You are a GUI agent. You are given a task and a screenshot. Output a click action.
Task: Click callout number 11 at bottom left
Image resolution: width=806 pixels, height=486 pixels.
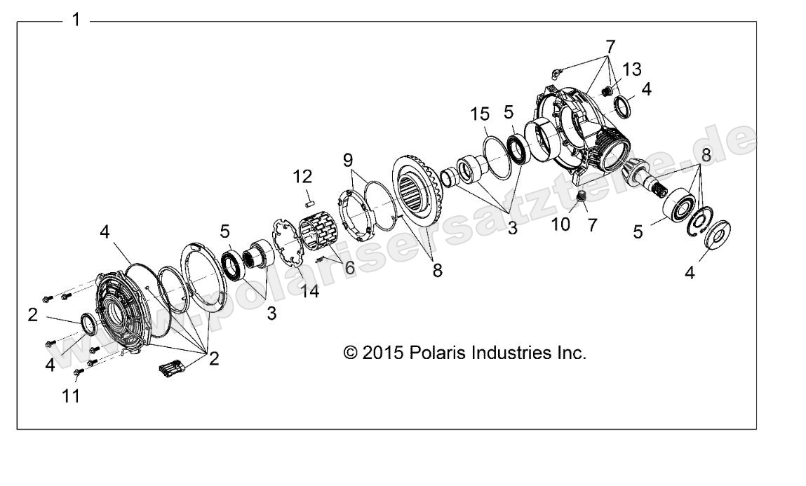[x=71, y=396]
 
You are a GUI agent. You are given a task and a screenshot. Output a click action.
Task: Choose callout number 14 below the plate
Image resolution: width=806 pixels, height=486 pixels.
[x=309, y=290]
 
